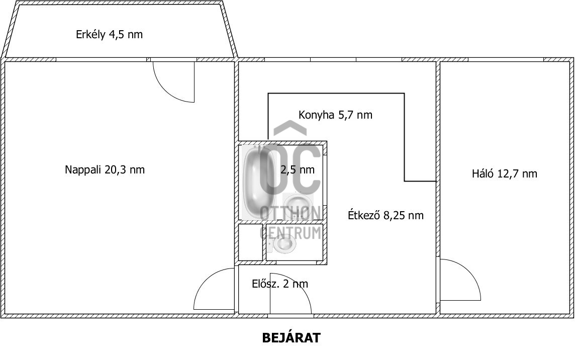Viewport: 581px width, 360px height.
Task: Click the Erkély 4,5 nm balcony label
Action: pyautogui.click(x=109, y=35)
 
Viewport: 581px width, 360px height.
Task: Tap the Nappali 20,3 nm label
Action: pyautogui.click(x=105, y=170)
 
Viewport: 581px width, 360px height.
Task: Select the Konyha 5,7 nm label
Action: pyautogui.click(x=335, y=115)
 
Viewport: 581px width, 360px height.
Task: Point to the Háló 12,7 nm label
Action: pyautogui.click(x=504, y=173)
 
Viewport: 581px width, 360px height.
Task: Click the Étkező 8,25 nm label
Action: pyautogui.click(x=385, y=215)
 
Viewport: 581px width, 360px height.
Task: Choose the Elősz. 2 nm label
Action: pyautogui.click(x=280, y=284)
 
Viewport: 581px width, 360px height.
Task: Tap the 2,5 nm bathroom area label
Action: pyautogui.click(x=297, y=170)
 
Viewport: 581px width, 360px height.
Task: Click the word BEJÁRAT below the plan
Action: pyautogui.click(x=291, y=338)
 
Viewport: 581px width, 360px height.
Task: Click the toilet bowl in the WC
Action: pyautogui.click(x=283, y=243)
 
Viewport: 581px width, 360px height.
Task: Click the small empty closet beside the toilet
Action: pyautogui.click(x=250, y=242)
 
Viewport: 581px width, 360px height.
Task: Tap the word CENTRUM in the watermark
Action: pyautogui.click(x=290, y=233)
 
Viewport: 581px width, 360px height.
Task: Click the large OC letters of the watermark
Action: pyautogui.click(x=290, y=169)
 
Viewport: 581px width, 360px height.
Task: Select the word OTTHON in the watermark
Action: pyautogui.click(x=290, y=213)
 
